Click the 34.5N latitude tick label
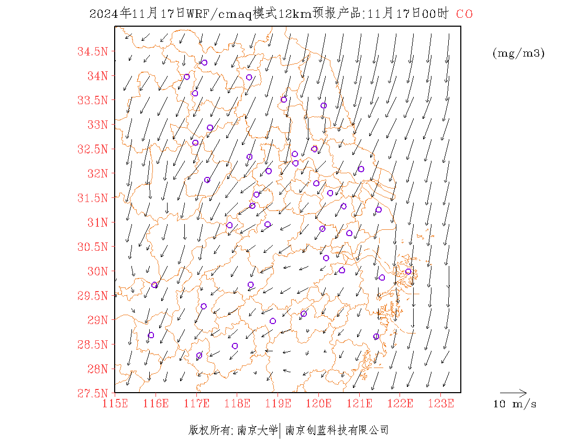tap(93, 52)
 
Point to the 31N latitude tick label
tap(97, 222)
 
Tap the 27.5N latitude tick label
tap(93, 393)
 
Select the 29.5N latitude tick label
tap(93, 296)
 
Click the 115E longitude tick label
tap(115, 404)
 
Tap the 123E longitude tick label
tap(441, 404)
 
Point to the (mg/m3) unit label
tap(518, 53)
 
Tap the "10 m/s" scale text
tap(515, 404)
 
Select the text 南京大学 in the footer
tap(258, 430)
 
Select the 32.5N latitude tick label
tap(93, 149)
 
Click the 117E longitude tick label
tap(196, 404)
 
